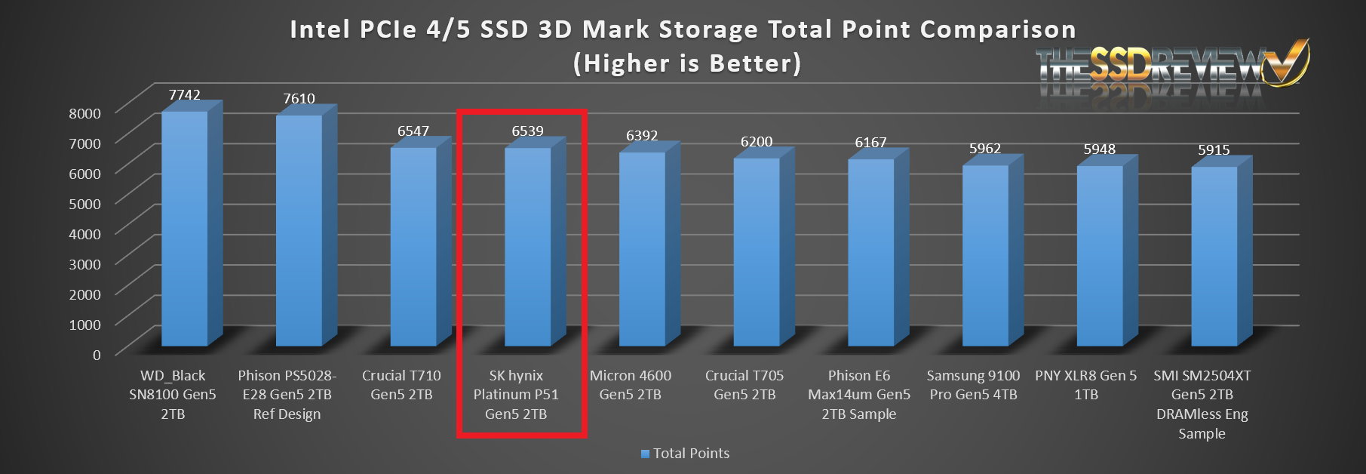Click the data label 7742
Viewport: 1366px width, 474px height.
(185, 95)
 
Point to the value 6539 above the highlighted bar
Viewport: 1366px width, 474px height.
(527, 131)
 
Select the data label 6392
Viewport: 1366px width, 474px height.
(642, 136)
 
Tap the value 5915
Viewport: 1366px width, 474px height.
(1214, 150)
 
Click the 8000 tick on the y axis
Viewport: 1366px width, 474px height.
(84, 113)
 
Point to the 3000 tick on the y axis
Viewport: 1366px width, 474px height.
(84, 264)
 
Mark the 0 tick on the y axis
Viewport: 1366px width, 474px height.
(97, 355)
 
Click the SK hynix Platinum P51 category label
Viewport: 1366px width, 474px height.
(516, 395)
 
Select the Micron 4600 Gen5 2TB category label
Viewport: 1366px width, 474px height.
(631, 385)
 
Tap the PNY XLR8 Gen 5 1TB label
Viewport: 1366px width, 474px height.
(1086, 385)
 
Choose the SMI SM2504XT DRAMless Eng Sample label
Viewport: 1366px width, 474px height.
(1202, 405)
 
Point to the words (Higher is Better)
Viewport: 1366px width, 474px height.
(686, 63)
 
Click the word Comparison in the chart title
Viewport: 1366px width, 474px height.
(997, 29)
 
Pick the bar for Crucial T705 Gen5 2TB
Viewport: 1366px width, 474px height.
(757, 252)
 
